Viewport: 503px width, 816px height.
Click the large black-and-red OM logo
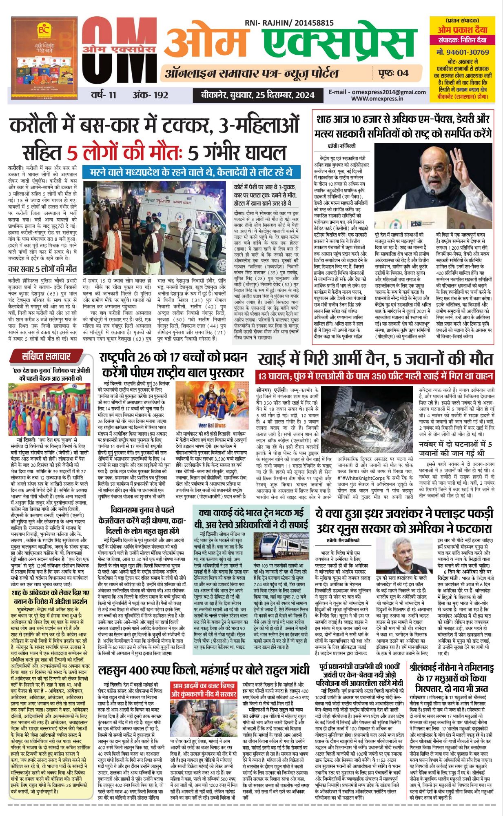118,51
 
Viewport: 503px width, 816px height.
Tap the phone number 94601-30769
462,52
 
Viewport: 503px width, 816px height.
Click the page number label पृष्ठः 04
393,73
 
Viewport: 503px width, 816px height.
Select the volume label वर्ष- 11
104,95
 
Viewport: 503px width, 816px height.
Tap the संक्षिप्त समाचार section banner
46,356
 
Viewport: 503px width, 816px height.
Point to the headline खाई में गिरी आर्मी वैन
375,359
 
